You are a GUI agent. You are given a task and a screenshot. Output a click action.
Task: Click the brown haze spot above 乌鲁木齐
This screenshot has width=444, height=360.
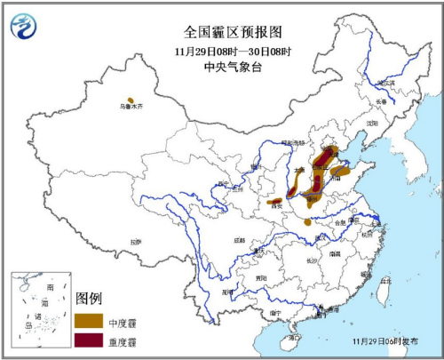(x=131, y=100)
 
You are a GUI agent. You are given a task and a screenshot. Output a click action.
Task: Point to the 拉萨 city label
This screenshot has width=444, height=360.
(x=135, y=241)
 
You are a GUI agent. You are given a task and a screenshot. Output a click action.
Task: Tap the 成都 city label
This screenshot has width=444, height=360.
(x=240, y=240)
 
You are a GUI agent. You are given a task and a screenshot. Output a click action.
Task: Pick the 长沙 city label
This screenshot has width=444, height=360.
(x=312, y=260)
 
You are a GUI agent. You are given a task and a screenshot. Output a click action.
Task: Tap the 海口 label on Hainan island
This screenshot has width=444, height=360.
(x=294, y=337)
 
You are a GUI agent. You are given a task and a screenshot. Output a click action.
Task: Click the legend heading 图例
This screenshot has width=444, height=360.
(x=90, y=297)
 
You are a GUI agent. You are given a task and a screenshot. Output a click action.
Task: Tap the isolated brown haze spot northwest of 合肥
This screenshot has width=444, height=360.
(x=307, y=221)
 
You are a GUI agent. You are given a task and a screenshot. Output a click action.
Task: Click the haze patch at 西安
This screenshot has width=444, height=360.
(x=276, y=202)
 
